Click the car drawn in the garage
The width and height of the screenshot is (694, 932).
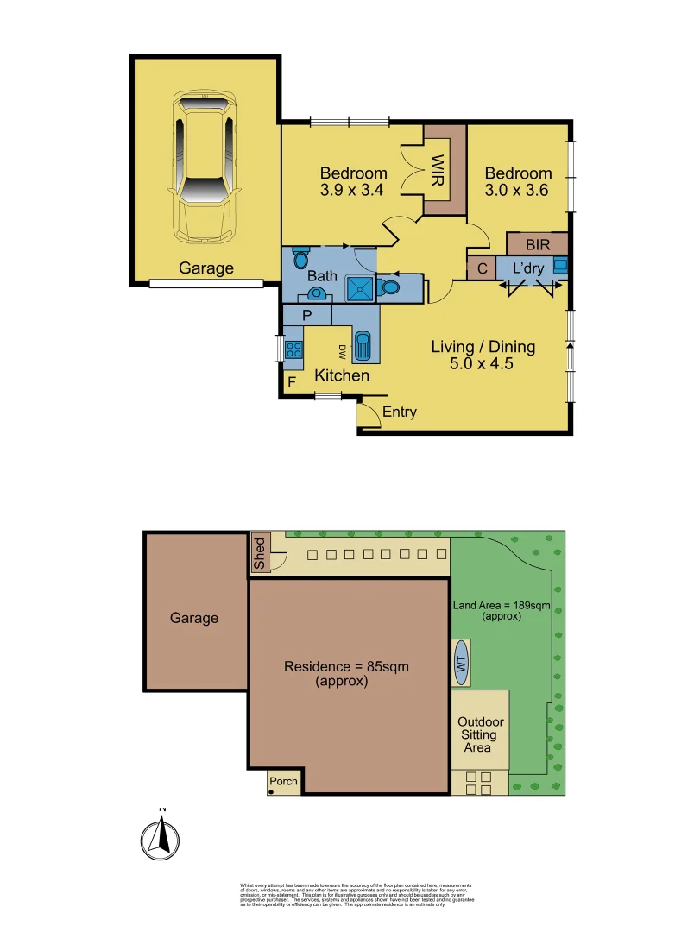(x=205, y=168)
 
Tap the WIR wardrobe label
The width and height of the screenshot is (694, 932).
(x=438, y=170)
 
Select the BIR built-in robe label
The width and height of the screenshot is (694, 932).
(x=537, y=245)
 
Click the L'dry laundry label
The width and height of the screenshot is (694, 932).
(x=527, y=268)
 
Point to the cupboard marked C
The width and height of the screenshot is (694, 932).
(x=481, y=268)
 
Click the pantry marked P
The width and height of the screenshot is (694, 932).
(x=306, y=316)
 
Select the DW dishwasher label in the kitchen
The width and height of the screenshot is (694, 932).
(x=342, y=351)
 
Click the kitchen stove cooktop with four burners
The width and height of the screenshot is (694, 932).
(x=293, y=349)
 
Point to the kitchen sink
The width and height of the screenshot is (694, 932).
(x=364, y=346)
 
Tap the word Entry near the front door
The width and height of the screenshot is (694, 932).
(x=399, y=412)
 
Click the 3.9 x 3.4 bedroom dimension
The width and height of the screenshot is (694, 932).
(x=353, y=190)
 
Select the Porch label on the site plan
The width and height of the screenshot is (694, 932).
(x=283, y=782)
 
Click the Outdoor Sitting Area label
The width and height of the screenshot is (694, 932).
(x=480, y=734)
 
